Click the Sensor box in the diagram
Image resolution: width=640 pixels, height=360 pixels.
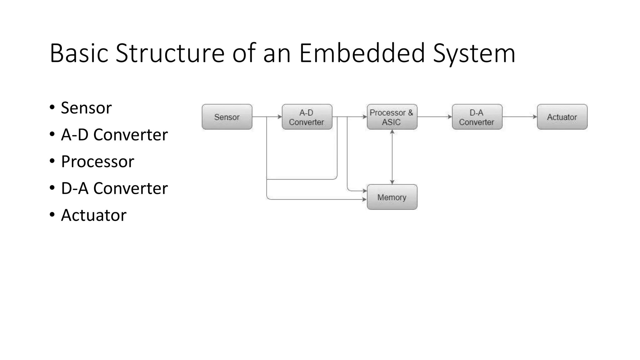(x=227, y=117)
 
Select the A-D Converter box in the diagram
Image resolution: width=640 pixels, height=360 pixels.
(x=307, y=117)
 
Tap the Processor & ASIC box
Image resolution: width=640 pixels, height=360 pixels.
(x=392, y=117)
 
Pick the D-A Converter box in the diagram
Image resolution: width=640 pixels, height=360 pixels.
(x=477, y=117)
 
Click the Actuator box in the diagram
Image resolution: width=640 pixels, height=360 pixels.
(x=562, y=117)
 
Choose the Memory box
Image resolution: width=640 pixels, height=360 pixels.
(x=392, y=197)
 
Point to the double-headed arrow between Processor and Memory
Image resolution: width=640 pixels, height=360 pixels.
(x=392, y=157)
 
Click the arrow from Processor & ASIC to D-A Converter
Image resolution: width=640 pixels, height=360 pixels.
(x=434, y=117)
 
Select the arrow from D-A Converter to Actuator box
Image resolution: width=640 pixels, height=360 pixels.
(x=519, y=117)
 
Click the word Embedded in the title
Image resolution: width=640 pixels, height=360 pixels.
(x=362, y=53)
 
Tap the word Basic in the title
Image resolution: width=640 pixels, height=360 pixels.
(x=79, y=53)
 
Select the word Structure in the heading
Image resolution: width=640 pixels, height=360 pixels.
(x=170, y=53)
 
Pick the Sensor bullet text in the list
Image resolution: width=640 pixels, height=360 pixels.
(x=86, y=108)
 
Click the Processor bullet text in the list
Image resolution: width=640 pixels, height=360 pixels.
(x=97, y=162)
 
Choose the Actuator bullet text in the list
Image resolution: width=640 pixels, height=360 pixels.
(x=94, y=215)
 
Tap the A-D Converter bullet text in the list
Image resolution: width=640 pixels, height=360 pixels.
(x=114, y=135)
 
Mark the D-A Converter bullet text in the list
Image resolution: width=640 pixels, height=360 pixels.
(x=114, y=188)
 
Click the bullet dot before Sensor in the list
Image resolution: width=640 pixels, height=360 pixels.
(x=52, y=108)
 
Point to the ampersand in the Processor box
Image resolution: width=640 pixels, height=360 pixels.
(x=410, y=113)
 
